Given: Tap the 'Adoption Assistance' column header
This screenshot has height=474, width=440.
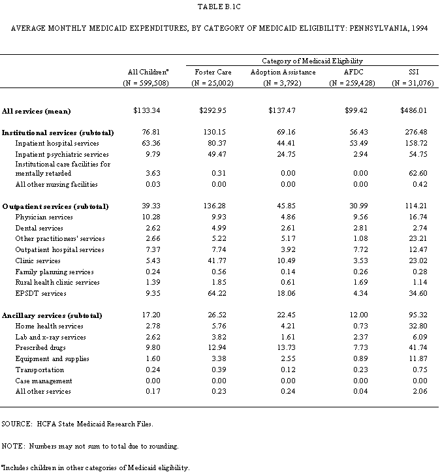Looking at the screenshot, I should [x=283, y=72].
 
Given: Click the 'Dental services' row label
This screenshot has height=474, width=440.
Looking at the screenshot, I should [x=39, y=229].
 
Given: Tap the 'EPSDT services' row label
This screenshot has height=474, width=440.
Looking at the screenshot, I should [x=40, y=294].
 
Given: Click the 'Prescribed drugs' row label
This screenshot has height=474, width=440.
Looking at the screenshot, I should [x=42, y=348].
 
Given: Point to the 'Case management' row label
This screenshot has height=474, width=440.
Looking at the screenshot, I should [x=44, y=381].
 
